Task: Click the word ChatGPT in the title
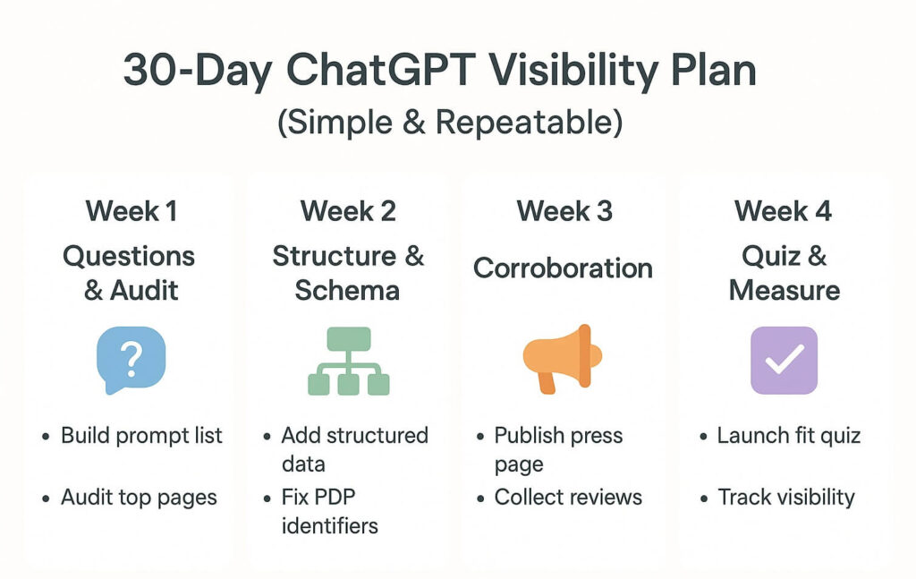pos(380,70)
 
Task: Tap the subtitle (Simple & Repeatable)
pos(450,122)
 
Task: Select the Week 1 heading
pos(131,211)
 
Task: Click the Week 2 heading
pos(348,211)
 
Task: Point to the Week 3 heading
pos(564,211)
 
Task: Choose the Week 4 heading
pos(783,211)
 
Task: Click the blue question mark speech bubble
pos(131,360)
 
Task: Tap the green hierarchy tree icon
pos(349,361)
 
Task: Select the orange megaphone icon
pos(562,359)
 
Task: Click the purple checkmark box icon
pos(784,360)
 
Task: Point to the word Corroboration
pos(563,268)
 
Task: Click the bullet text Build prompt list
pos(141,435)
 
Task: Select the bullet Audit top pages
pos(139,498)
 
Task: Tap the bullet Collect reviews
pos(568,497)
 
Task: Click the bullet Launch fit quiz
pos(789,436)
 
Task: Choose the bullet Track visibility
pos(786,498)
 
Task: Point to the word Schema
pos(347,290)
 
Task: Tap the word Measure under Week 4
pos(785,290)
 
